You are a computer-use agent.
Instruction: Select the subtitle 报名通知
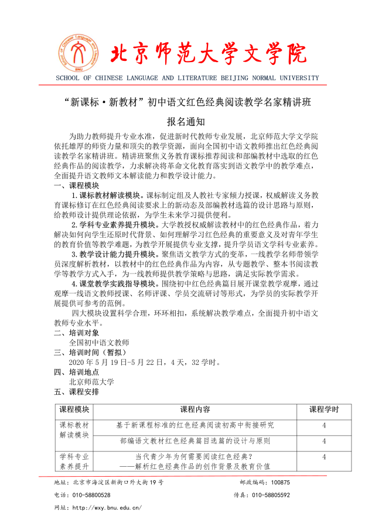186,122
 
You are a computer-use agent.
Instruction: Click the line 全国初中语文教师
99,343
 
